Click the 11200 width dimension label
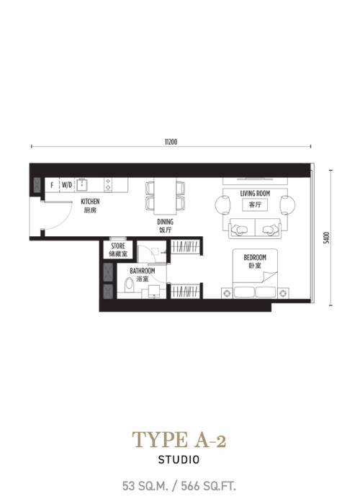tap(171, 142)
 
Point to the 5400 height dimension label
tap(327, 238)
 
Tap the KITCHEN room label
tap(90, 202)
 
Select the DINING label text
tap(165, 222)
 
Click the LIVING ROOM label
tap(255, 194)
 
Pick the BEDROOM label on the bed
tap(255, 258)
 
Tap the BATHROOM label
tap(143, 271)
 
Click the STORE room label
tap(118, 246)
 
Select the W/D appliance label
tap(67, 185)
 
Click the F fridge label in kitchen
tap(52, 185)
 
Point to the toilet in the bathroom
tap(129, 285)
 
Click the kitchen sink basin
tap(81, 185)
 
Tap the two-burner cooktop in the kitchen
tap(108, 184)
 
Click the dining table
tap(165, 196)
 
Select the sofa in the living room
tap(255, 228)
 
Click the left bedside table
tap(227, 293)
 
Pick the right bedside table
tap(283, 293)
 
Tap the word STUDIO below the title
tap(179, 459)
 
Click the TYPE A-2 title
tap(179, 439)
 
